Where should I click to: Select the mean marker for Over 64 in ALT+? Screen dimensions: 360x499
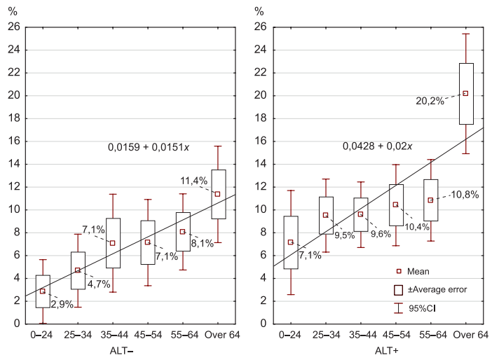pos(465,93)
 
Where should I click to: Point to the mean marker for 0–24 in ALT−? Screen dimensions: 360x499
pos(42,291)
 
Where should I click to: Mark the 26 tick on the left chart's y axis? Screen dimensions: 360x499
pos(14,27)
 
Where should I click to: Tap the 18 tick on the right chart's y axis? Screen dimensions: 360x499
pos(262,118)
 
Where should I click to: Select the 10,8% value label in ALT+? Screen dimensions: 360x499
pos(465,194)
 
